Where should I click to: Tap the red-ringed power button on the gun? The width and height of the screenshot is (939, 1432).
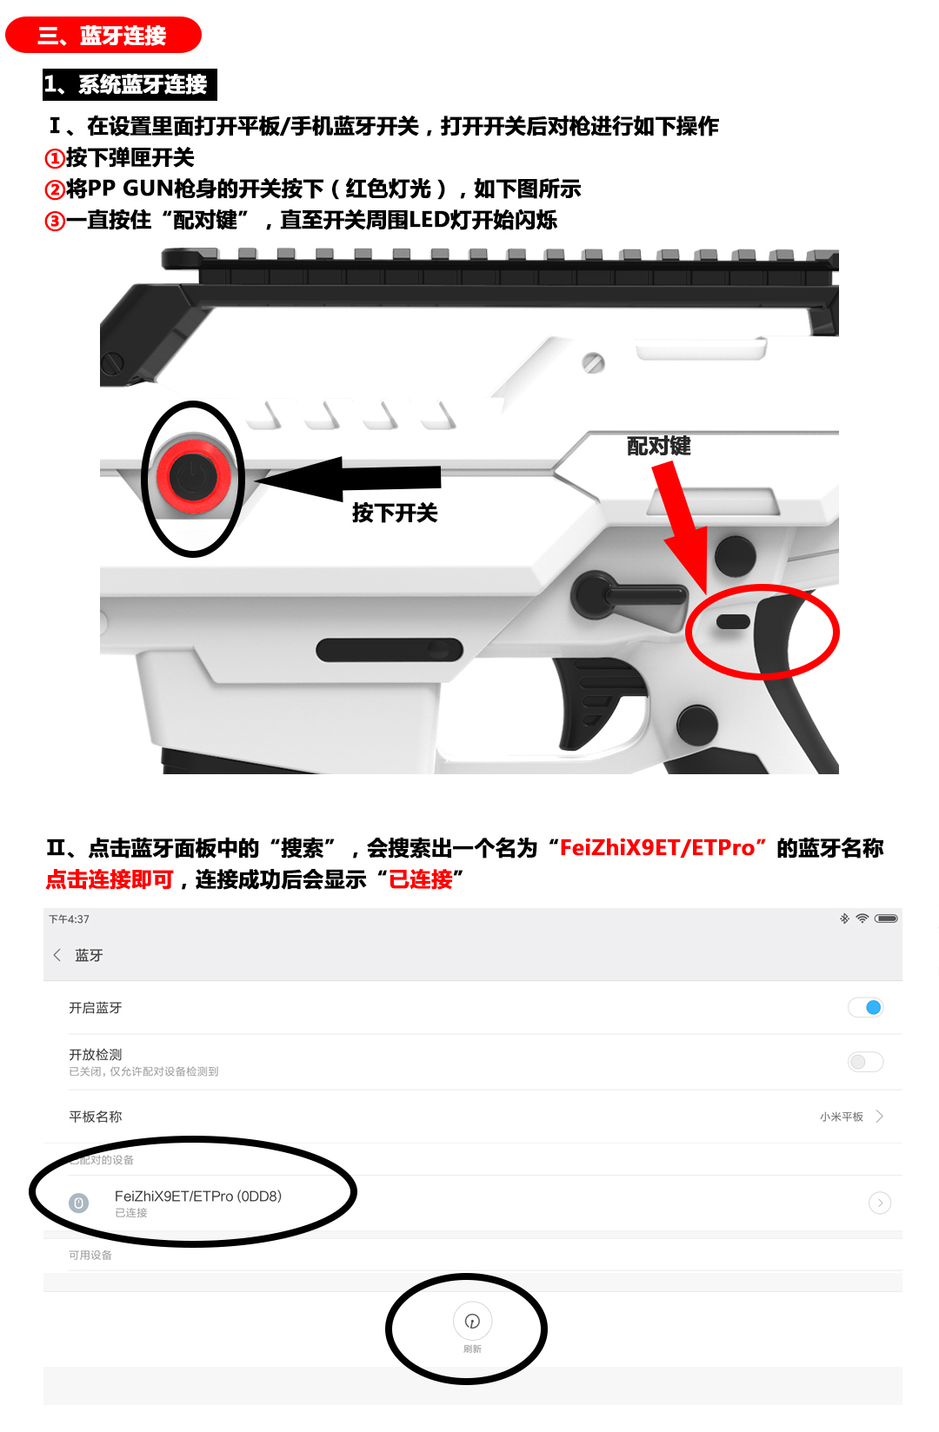click(193, 477)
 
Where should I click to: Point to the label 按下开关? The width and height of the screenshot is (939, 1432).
click(395, 513)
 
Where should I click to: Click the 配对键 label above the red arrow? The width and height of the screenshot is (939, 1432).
click(659, 446)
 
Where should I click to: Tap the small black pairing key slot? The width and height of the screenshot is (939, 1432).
click(733, 621)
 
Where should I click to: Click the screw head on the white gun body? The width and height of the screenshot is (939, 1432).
click(593, 362)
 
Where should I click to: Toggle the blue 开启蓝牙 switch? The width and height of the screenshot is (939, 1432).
click(865, 1007)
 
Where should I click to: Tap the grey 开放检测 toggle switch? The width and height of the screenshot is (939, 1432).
click(865, 1062)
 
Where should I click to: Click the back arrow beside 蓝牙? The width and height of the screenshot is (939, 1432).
click(57, 955)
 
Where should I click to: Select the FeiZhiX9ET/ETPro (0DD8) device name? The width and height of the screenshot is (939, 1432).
click(198, 1197)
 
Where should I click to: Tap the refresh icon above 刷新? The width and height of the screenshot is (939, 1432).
click(472, 1321)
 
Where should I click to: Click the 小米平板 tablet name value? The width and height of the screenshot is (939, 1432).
click(841, 1117)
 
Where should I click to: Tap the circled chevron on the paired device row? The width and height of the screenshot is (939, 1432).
click(880, 1203)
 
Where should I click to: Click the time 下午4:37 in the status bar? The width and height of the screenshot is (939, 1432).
click(69, 919)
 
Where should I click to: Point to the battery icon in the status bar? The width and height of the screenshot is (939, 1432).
click(886, 918)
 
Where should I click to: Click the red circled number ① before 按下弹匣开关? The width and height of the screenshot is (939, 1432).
click(55, 158)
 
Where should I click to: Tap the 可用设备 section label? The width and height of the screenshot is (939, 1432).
click(90, 1256)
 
